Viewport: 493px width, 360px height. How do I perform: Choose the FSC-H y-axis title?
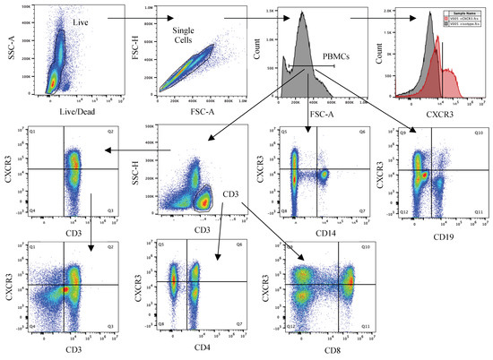click(x=138, y=53)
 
